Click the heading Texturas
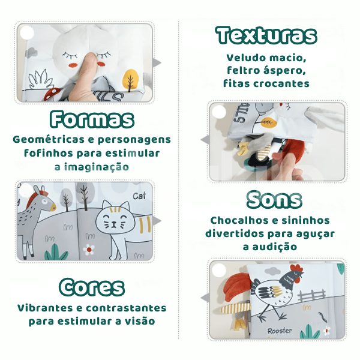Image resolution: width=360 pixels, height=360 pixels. tap(266, 36)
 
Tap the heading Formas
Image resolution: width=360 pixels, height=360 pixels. tap(92, 119)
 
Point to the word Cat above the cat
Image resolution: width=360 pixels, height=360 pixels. tap(139, 196)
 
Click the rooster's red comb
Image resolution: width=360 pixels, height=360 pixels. tap(296, 269)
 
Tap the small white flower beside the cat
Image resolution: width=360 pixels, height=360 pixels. tap(91, 248)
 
